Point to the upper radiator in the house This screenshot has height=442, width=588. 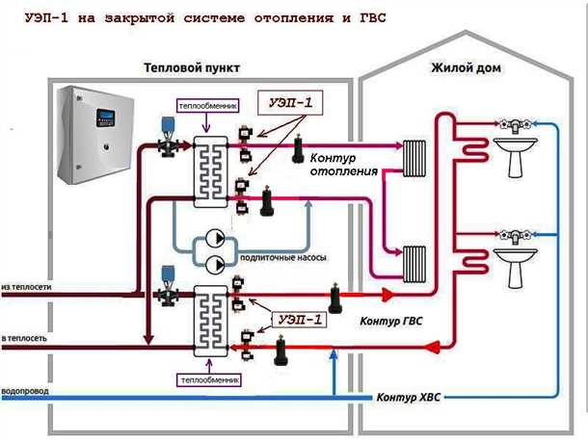[x=415, y=153]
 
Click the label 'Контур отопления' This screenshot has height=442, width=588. [x=341, y=163]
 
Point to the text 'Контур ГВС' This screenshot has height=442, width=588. [x=391, y=319]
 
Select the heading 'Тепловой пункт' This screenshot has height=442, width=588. [x=192, y=69]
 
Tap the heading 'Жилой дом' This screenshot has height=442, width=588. [x=457, y=69]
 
